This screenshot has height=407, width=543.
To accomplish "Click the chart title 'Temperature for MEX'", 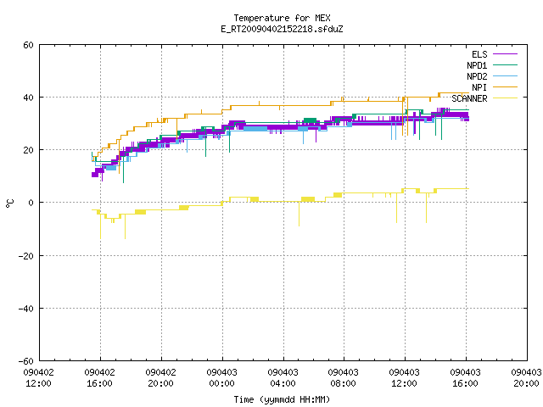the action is tap(282, 18).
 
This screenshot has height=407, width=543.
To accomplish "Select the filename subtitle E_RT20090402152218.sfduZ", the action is tap(282, 29).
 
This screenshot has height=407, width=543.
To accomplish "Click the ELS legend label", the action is tap(479, 54).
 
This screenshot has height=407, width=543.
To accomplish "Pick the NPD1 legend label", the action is tap(477, 65).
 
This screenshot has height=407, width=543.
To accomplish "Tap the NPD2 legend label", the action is tap(477, 76).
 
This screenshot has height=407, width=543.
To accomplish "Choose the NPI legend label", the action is tap(479, 87).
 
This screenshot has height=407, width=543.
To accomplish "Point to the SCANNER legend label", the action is tap(469, 98).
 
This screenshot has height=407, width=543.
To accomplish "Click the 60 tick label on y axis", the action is tap(28, 45).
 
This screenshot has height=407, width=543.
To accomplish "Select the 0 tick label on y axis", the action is tap(31, 203).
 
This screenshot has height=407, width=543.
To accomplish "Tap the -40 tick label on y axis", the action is tap(26, 309).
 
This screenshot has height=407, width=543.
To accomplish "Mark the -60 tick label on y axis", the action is tap(26, 361).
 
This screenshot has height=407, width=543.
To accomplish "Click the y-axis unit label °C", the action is tap(10, 203).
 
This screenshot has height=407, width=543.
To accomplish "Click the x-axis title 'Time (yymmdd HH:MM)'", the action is tap(282, 399).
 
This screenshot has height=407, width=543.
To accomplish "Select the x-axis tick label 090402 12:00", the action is tap(39, 378).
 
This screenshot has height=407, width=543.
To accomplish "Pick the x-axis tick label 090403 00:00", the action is tap(222, 378).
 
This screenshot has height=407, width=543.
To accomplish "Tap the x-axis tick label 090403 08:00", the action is tap(344, 378).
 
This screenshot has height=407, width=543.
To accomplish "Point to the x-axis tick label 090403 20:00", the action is tap(526, 378).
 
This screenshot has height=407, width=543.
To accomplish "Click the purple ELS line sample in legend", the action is tap(505, 54).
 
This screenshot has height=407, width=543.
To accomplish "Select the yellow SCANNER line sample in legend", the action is tap(505, 98).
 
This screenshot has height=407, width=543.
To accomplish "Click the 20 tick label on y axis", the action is tap(28, 150).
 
